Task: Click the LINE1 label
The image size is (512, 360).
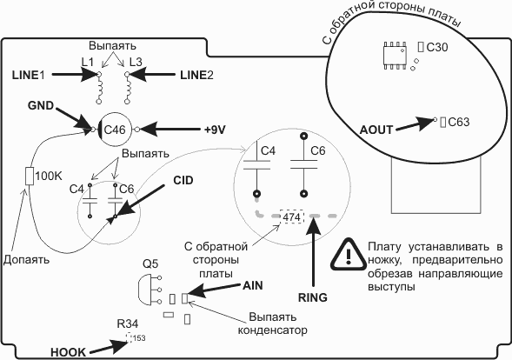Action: pyautogui.click(x=28, y=75)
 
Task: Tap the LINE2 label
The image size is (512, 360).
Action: pyautogui.click(x=197, y=75)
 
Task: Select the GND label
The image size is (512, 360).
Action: pyautogui.click(x=41, y=105)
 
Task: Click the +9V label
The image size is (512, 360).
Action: pyautogui.click(x=215, y=130)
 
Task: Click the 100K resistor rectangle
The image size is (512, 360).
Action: pyautogui.click(x=30, y=176)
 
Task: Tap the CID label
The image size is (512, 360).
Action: pyautogui.click(x=183, y=180)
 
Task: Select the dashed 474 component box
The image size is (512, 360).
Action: pyautogui.click(x=292, y=217)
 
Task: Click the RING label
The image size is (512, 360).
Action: pyautogui.click(x=312, y=297)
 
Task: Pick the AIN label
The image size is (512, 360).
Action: pyautogui.click(x=253, y=285)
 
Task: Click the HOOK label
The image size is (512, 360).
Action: pyautogui.click(x=69, y=352)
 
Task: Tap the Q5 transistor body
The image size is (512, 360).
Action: pyautogui.click(x=145, y=290)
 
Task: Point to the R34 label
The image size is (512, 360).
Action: pyautogui.click(x=127, y=323)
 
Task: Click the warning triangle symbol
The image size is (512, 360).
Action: pyautogui.click(x=349, y=255)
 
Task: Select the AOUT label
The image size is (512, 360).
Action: pyautogui.click(x=376, y=130)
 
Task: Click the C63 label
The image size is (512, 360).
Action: pyautogui.click(x=459, y=123)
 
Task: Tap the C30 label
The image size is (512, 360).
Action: pyautogui.click(x=437, y=48)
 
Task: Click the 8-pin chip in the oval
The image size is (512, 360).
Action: pyautogui.click(x=395, y=55)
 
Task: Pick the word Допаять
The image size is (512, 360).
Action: pyautogui.click(x=26, y=260)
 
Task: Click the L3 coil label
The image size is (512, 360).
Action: pyautogui.click(x=136, y=62)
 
